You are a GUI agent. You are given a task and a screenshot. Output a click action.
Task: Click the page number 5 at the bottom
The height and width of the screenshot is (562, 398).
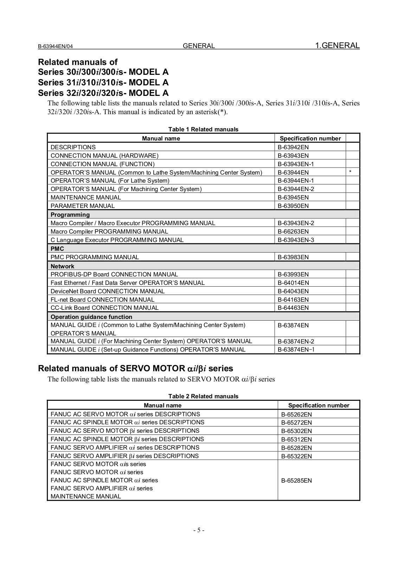[199, 530]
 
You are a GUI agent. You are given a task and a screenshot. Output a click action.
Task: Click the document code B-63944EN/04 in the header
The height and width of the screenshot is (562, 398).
[56, 46]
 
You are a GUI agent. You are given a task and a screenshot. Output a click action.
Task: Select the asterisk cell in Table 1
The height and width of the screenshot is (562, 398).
[350, 172]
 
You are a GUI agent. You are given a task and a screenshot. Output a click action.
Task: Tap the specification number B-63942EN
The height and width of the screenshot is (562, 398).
[293, 147]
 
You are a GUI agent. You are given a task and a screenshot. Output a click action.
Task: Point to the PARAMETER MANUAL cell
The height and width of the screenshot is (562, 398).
[83, 206]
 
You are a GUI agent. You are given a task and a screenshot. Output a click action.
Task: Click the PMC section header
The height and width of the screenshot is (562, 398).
[57, 249]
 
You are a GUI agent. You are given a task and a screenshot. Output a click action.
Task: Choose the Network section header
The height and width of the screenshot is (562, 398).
[62, 266]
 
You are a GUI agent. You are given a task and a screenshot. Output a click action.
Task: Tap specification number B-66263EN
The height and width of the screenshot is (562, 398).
[293, 231]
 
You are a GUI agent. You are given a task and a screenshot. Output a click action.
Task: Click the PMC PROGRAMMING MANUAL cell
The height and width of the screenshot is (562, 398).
[95, 257]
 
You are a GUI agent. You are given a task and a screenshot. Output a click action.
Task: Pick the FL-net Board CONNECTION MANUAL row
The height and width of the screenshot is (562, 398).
[102, 300]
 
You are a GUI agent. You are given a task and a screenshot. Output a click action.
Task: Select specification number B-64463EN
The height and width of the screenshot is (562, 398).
[293, 308]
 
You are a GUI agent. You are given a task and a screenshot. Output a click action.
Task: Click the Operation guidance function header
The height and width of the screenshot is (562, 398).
[91, 317]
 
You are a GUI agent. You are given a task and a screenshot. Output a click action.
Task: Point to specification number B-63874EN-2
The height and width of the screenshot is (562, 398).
[296, 341]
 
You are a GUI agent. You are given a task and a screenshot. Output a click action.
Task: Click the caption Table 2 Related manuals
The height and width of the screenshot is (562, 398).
[203, 396]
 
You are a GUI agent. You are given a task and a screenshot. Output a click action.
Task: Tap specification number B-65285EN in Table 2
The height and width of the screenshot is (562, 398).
[296, 481]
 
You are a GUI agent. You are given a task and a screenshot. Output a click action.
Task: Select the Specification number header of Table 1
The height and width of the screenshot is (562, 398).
[310, 138]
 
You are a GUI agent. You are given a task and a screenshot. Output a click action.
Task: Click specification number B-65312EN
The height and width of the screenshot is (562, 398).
[296, 439]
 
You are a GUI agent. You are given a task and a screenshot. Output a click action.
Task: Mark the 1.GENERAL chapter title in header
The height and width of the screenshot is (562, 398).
[337, 46]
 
